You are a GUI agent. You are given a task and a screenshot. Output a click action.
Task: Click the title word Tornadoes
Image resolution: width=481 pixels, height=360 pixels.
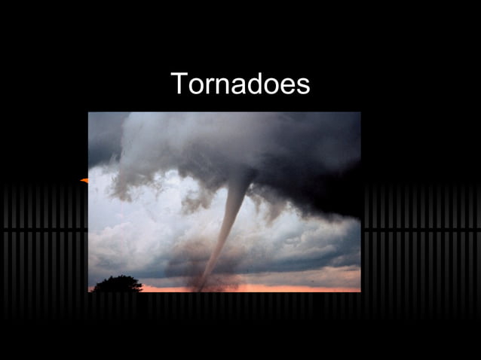240,84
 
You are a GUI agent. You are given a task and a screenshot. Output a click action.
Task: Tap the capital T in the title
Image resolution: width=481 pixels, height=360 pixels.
179,83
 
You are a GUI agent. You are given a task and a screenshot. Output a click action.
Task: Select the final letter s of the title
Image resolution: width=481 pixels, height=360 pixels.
303,86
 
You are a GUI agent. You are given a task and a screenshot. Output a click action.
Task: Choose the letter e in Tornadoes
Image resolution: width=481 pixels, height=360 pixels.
290,86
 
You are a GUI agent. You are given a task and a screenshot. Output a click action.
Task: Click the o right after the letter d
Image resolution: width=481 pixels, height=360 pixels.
275,86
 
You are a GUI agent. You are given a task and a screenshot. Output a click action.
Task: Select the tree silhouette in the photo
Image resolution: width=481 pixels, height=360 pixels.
117,284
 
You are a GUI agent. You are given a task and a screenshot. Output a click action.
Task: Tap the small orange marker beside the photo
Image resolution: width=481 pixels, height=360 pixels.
84,181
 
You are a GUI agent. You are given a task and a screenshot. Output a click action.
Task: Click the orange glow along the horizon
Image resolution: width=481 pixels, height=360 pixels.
302,287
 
